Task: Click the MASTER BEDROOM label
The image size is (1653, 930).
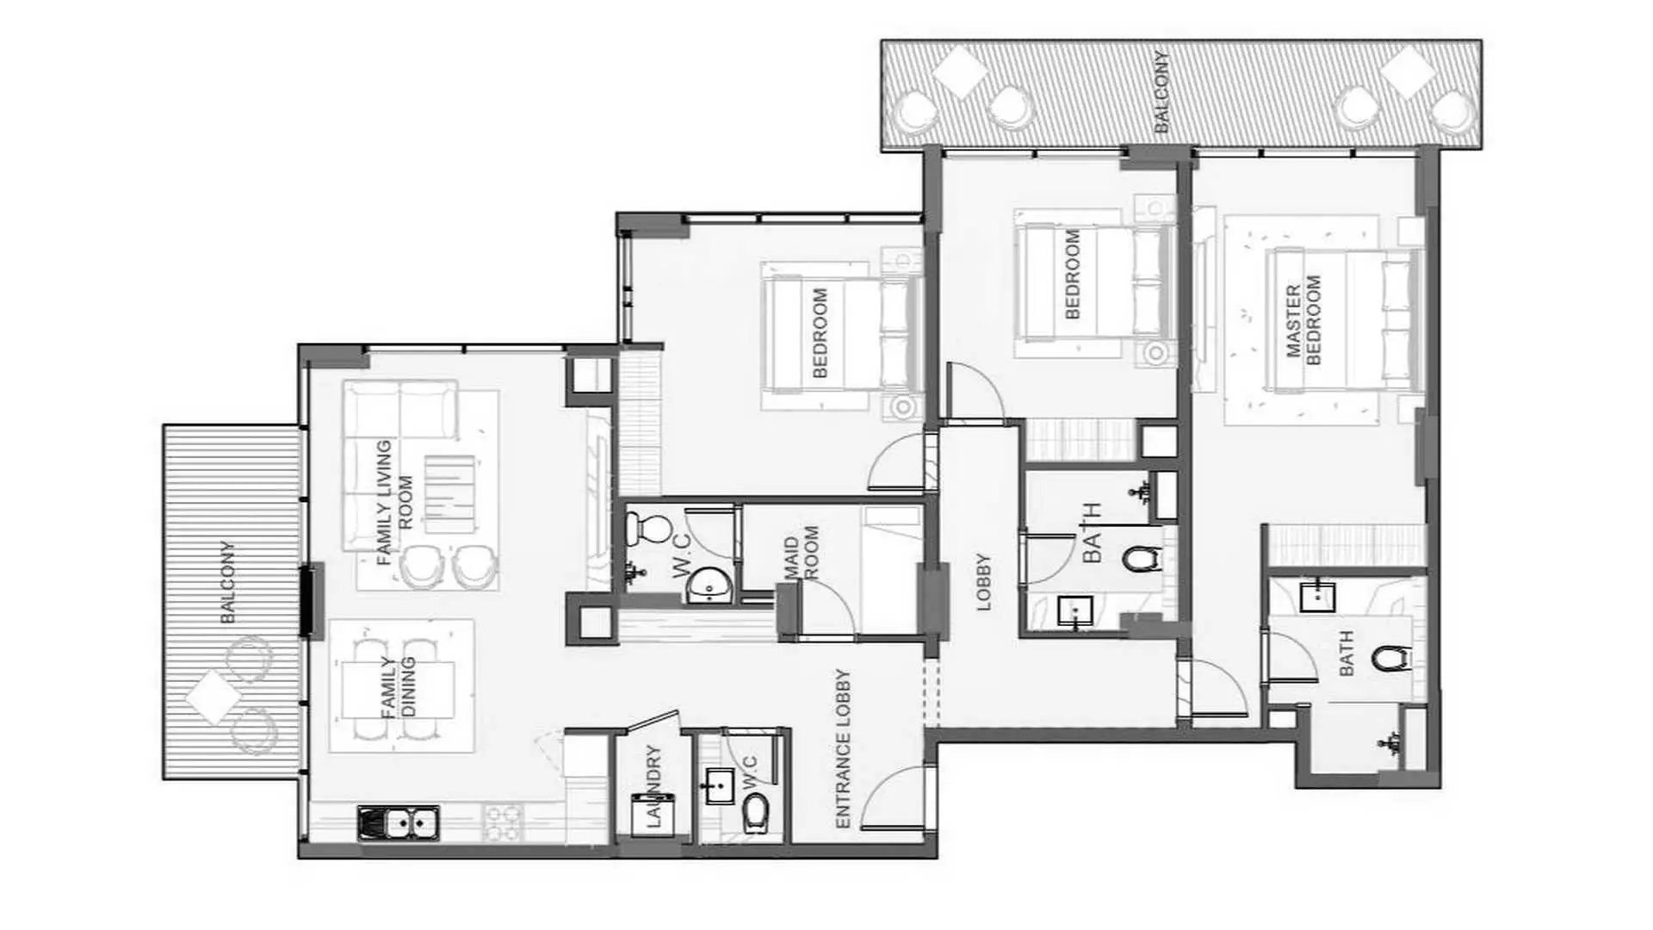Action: coord(1302,321)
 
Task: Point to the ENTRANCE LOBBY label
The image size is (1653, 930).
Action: coord(843,748)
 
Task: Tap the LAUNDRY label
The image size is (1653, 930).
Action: coord(653,785)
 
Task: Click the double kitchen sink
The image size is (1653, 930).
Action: coord(398,823)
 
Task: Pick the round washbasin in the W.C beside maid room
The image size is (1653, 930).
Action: coord(709,587)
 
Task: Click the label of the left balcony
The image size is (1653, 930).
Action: coord(227,582)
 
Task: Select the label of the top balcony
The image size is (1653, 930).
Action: coord(1161,91)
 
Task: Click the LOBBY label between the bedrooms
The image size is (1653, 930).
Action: coord(983,582)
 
